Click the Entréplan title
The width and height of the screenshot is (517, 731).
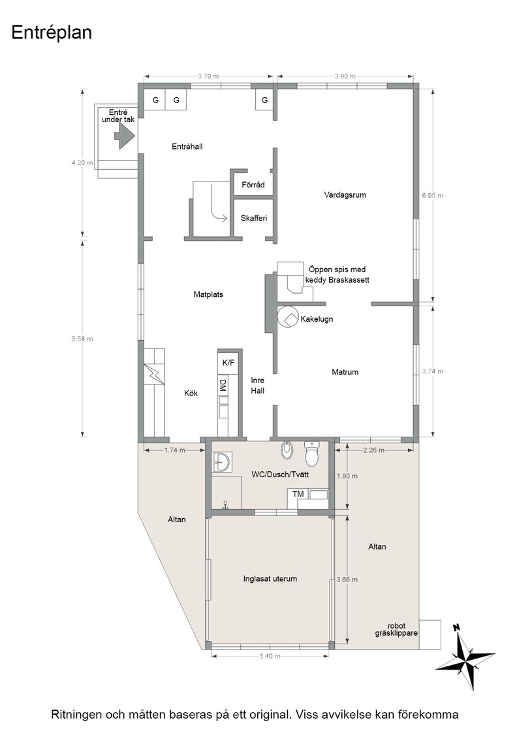52,33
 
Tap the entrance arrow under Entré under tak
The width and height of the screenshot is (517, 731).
125,136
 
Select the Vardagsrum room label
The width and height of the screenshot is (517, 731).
345,195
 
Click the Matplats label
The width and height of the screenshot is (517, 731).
208,294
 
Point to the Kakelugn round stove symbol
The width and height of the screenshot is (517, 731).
288,318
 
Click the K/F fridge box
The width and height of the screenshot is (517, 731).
228,363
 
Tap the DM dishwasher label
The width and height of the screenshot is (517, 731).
223,385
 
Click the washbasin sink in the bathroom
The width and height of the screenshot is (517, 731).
221,463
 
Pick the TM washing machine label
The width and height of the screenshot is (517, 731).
298,494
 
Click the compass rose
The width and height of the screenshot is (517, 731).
465,657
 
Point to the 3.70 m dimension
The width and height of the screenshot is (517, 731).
208,76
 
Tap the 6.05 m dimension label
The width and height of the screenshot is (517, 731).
433,195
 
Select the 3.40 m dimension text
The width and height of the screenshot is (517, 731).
270,656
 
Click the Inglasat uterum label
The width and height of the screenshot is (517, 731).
270,578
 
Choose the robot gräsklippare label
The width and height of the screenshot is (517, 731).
396,629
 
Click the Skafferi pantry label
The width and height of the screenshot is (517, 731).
254,218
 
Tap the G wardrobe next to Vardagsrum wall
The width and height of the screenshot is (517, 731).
265,100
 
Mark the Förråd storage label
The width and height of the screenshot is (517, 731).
253,185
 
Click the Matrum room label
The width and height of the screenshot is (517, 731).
345,371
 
